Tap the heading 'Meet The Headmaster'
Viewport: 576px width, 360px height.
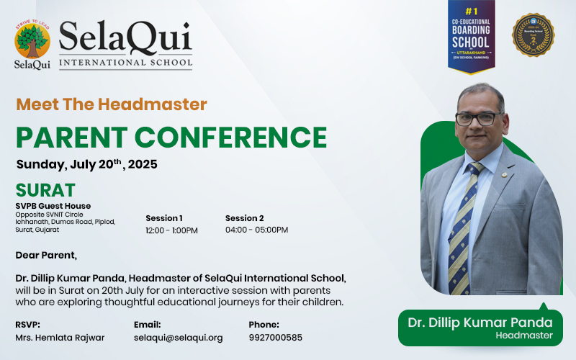[x=112, y=104]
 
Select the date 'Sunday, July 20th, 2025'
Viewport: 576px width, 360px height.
[x=86, y=164]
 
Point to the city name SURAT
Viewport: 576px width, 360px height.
[x=45, y=190]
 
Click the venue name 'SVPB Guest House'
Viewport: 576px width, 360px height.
[x=53, y=206]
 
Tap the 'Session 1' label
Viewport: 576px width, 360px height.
[x=164, y=218]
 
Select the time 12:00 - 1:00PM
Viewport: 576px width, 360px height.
[x=171, y=230]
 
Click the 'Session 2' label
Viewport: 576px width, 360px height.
[x=245, y=218]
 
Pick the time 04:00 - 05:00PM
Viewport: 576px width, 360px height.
[x=256, y=230]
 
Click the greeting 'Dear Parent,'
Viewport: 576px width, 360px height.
[x=46, y=255]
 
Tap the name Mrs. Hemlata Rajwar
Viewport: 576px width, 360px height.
[x=60, y=338]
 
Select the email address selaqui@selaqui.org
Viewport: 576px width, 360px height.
[x=179, y=338]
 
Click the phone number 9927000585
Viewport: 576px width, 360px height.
[x=276, y=338]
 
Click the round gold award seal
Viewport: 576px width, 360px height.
[x=533, y=35]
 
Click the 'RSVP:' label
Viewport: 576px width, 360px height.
[x=28, y=325]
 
